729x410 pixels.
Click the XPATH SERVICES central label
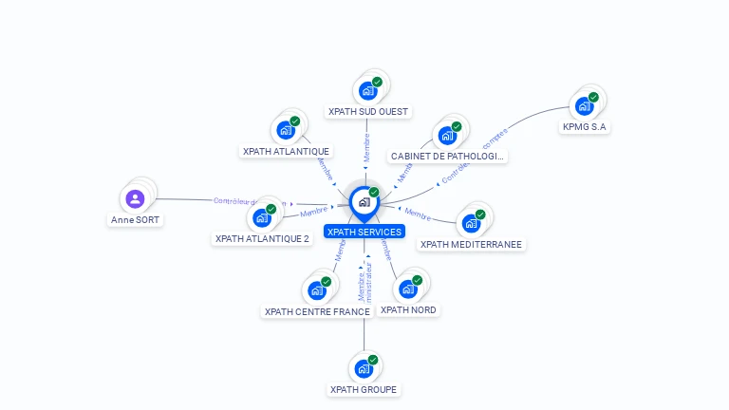[364, 232]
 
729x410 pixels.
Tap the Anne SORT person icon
[135, 198]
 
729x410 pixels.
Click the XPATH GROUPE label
[364, 389]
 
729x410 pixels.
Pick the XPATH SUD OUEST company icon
[367, 90]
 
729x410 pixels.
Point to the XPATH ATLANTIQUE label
[286, 151]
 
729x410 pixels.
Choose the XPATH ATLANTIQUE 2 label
[262, 239]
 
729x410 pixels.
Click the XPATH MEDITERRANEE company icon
[471, 223]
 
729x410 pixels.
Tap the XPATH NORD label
[409, 309]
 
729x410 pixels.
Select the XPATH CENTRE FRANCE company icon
[317, 290]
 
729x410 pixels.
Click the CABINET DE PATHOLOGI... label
[447, 156]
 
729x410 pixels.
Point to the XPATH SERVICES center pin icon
[364, 202]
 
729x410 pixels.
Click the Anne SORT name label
[136, 219]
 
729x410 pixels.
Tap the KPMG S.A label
[585, 126]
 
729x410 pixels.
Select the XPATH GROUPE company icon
[364, 368]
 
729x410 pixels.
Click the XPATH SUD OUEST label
[368, 111]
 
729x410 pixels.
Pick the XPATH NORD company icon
[409, 288]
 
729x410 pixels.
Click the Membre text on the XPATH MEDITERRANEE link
[419, 214]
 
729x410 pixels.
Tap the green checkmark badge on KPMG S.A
[593, 97]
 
